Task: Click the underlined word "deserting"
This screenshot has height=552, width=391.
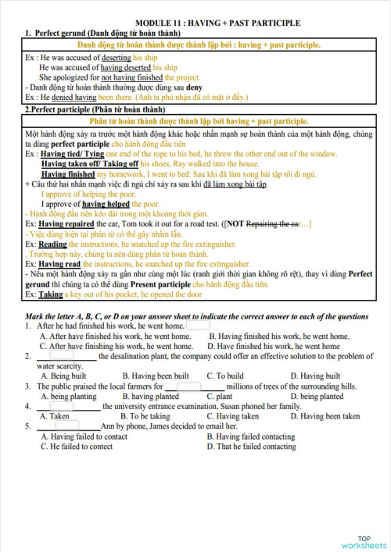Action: pos(117,59)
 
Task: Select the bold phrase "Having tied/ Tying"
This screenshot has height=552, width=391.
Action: pos(71,155)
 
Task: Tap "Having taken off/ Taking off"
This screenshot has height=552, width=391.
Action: pos(90,165)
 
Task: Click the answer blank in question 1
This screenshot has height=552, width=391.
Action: pos(197,326)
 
